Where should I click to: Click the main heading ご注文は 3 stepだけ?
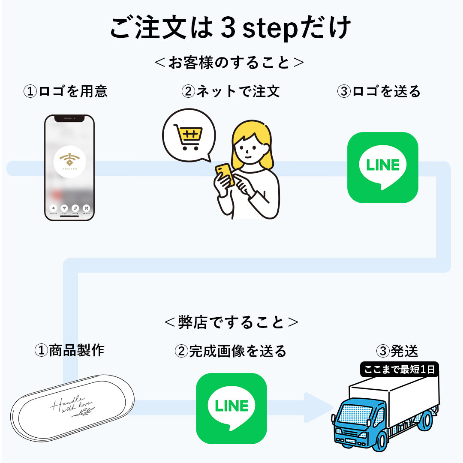pos(231,28)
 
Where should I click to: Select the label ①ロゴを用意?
pos(65,91)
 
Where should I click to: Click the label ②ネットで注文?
pos(231,91)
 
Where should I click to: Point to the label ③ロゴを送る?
pos(379,91)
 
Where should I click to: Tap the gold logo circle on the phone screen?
pos(69,162)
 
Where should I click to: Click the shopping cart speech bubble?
pos(189,135)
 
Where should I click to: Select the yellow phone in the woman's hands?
pos(225,174)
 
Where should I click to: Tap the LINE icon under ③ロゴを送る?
pos(382,167)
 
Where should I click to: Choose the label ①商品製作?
pos(69,350)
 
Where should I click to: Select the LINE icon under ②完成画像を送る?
pos(231,408)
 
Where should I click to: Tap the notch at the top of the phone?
pos(69,118)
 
